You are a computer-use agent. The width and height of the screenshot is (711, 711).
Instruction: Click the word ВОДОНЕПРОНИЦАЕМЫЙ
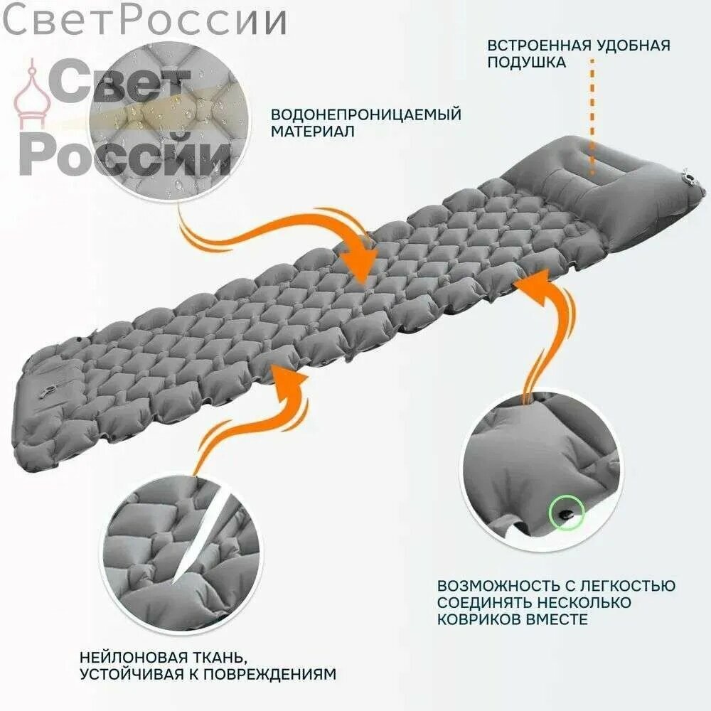click(366, 114)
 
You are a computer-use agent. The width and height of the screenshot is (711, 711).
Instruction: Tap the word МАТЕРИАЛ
click(312, 132)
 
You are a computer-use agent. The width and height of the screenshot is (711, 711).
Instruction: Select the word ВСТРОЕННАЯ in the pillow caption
click(540, 46)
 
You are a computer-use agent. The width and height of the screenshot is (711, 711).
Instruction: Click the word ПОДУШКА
click(526, 62)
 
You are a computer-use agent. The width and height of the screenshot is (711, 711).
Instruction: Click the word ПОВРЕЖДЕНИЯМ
click(269, 674)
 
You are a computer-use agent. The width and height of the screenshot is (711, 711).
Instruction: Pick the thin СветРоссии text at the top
click(144, 21)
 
